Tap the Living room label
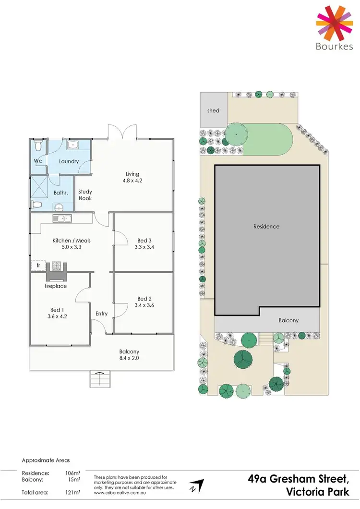click(132, 174)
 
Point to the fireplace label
click(56, 286)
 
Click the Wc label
click(38, 161)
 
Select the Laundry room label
click(69, 161)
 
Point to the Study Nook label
click(85, 194)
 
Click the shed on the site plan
click(213, 110)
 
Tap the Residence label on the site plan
click(266, 226)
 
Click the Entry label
click(101, 314)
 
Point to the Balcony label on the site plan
click(289, 320)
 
